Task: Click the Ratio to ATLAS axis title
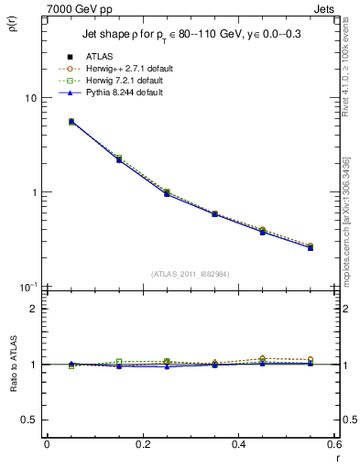pyautogui.click(x=13, y=365)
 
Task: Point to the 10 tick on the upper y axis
pyautogui.click(x=30, y=98)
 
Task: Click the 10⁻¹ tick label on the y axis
pyautogui.click(x=27, y=287)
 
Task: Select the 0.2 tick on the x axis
pyautogui.click(x=142, y=445)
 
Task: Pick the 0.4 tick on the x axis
pyautogui.click(x=238, y=445)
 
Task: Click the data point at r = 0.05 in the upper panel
pyautogui.click(x=71, y=121)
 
